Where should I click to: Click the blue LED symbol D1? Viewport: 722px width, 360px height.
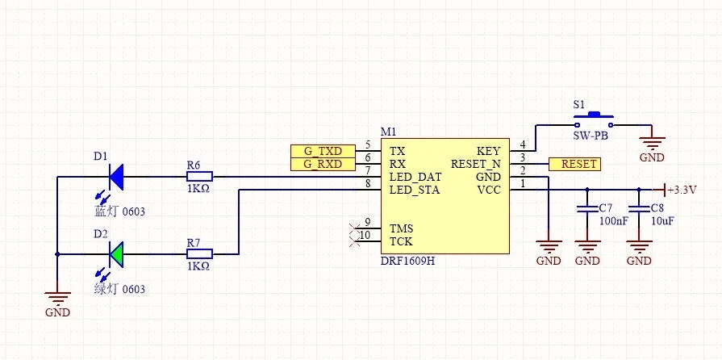[116, 177]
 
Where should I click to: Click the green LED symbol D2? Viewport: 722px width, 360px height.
[116, 254]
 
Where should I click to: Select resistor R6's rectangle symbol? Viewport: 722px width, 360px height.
[199, 177]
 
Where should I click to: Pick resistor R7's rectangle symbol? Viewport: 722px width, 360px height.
[199, 254]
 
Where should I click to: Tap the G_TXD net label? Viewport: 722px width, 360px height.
[323, 151]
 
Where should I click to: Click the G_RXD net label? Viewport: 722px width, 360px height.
[323, 164]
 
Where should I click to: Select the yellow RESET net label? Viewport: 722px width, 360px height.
[574, 164]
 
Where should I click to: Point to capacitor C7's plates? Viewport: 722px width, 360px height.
[587, 209]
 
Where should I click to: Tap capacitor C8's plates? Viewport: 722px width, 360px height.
[639, 209]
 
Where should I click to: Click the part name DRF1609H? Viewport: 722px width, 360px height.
[408, 261]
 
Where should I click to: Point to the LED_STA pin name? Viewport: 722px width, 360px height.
[415, 190]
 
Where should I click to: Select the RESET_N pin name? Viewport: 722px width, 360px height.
[476, 164]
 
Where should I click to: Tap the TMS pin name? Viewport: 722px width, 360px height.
[401, 228]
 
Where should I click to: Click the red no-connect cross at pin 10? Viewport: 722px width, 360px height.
[355, 241]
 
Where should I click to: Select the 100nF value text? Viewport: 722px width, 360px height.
[613, 221]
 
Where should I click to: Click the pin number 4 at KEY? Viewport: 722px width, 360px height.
[522, 144]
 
